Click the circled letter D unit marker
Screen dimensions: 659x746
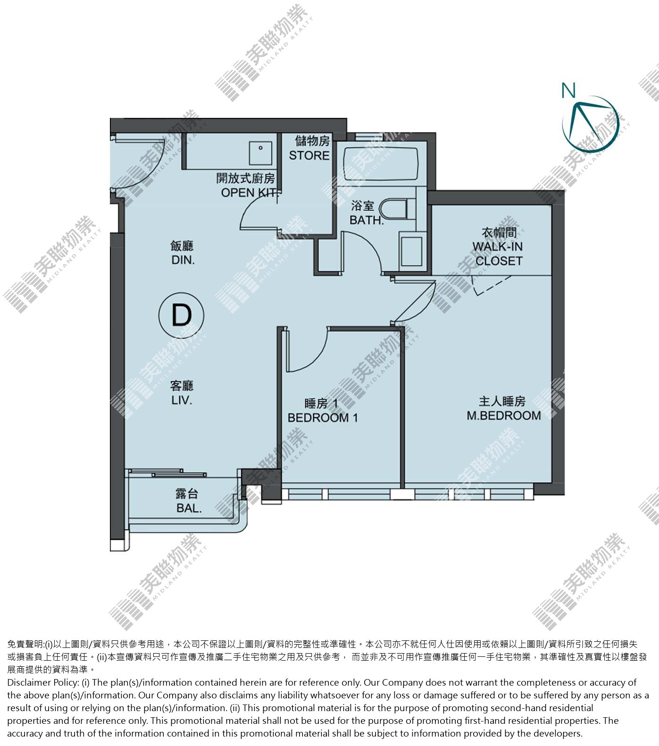point(182,315)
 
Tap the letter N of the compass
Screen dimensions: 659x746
point(568,90)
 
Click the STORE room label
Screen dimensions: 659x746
point(309,155)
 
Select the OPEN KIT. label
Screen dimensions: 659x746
point(249,192)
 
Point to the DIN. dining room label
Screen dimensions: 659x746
point(183,260)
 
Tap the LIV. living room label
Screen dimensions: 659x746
point(182,400)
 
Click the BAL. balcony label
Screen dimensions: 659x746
point(189,508)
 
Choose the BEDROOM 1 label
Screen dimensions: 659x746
point(323,418)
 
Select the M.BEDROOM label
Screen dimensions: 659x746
point(504,415)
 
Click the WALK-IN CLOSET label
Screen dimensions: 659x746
point(498,254)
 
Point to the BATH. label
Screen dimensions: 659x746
point(367,220)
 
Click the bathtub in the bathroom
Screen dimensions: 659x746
point(381,164)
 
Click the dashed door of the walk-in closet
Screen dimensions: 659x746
point(492,285)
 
